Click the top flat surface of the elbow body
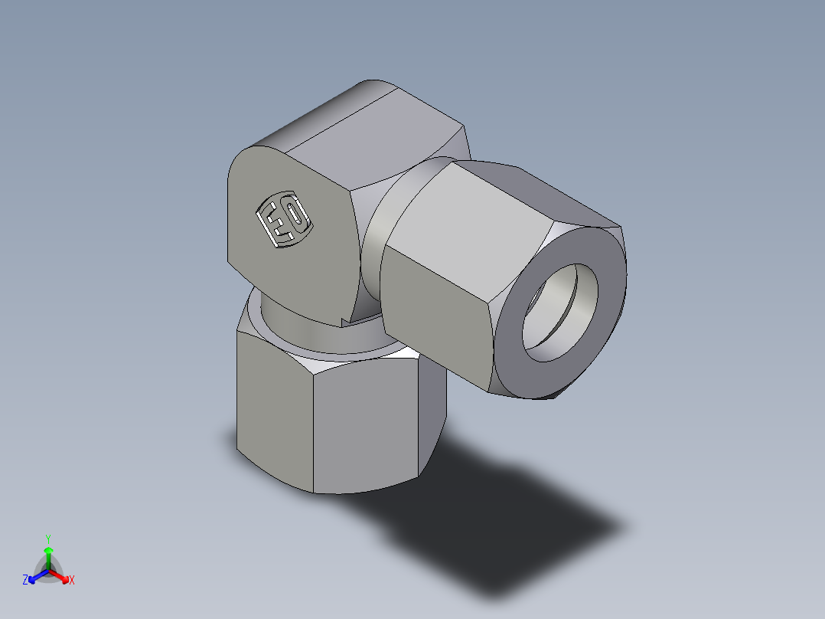[x=360, y=130]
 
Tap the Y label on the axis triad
[x=48, y=538]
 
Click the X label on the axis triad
[x=72, y=581]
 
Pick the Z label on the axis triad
[x=25, y=581]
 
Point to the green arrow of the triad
[x=48, y=555]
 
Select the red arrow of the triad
[x=60, y=575]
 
